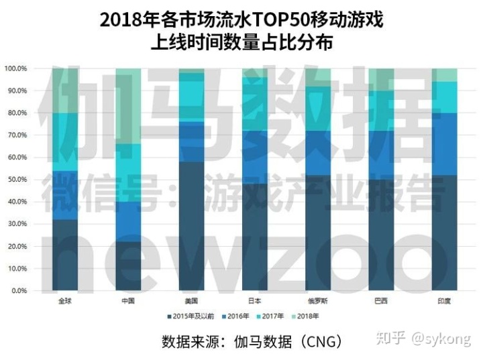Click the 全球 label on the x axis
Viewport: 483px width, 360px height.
click(x=66, y=300)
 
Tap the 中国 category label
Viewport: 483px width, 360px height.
click(x=129, y=300)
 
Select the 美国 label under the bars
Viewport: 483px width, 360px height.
click(x=191, y=300)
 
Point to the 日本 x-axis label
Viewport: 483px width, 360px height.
click(x=254, y=300)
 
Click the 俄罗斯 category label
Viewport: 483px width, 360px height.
click(x=317, y=300)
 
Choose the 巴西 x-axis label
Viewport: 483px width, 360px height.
click(x=380, y=300)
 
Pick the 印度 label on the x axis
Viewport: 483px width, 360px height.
click(x=443, y=300)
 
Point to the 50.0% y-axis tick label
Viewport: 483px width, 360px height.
click(x=16, y=180)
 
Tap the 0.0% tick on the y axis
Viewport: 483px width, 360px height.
click(x=17, y=291)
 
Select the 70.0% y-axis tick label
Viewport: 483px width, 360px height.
click(x=16, y=135)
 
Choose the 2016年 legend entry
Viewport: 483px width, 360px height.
click(x=237, y=315)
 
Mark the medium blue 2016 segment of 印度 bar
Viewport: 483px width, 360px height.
click(x=443, y=143)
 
